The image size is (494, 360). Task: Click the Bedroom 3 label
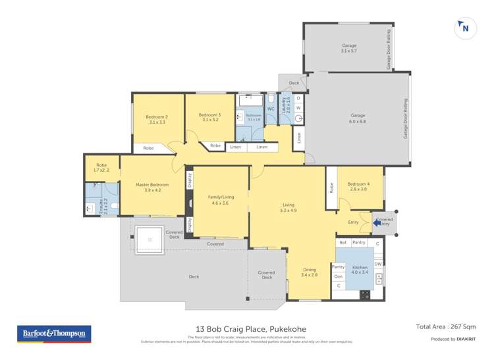click(x=209, y=118)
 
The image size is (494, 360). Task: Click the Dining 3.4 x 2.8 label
click(x=310, y=272)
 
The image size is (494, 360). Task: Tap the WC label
click(x=270, y=109)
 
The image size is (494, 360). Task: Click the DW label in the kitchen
click(x=377, y=264)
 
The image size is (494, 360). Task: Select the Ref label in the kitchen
click(x=343, y=243)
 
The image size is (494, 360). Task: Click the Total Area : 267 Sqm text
click(x=445, y=326)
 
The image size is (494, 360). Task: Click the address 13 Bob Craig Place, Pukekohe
click(x=250, y=329)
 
